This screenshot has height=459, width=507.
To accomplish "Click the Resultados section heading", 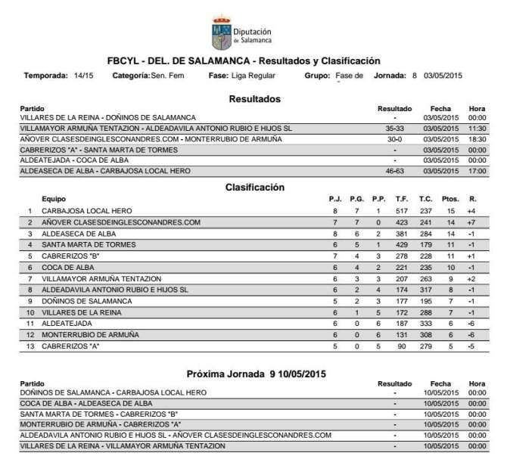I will (254, 99).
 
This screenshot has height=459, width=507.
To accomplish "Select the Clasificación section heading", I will (254, 187).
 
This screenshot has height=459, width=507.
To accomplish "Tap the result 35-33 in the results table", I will (395, 129).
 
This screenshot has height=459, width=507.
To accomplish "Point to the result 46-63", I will (395, 172).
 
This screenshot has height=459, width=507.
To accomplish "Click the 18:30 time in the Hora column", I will (477, 139).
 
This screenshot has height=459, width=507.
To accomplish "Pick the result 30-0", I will (395, 139).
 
